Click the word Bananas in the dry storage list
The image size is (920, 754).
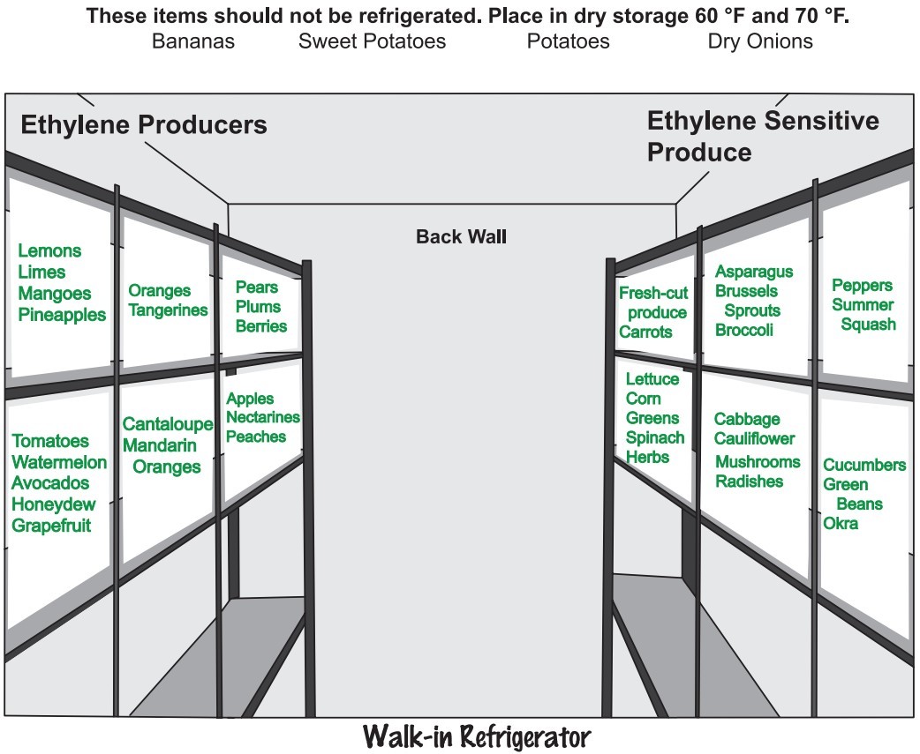pyautogui.click(x=193, y=41)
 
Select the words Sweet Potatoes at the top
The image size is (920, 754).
pyautogui.click(x=372, y=41)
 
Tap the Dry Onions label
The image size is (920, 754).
pyautogui.click(x=760, y=41)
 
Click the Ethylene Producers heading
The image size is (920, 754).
pyautogui.click(x=144, y=125)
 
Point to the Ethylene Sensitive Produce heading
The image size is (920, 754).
pyautogui.click(x=763, y=136)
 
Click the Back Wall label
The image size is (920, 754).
pyautogui.click(x=461, y=236)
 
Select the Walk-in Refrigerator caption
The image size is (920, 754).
pyautogui.click(x=476, y=735)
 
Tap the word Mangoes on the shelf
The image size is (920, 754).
pyautogui.click(x=55, y=294)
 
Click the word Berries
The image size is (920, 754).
pyautogui.click(x=261, y=326)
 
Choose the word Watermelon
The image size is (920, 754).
pyautogui.click(x=59, y=462)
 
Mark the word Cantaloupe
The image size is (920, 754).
pyautogui.click(x=168, y=425)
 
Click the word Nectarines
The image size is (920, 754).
pyautogui.click(x=263, y=418)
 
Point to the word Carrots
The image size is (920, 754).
pyautogui.click(x=645, y=332)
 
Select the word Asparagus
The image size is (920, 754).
pyautogui.click(x=754, y=272)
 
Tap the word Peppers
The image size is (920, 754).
pyautogui.click(x=863, y=286)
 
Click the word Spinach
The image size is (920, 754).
pyautogui.click(x=655, y=437)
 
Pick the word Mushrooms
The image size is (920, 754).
pyautogui.click(x=758, y=462)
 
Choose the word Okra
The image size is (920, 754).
pyautogui.click(x=841, y=524)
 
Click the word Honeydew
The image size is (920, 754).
pyautogui.click(x=50, y=504)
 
